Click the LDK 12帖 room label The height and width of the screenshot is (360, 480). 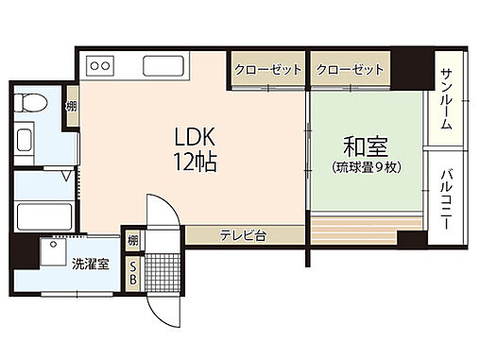coord(197,148)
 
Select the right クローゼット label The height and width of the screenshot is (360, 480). coord(351,70)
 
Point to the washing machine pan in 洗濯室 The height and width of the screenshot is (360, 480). coord(56,252)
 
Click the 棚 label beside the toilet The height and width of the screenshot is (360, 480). coord(70,107)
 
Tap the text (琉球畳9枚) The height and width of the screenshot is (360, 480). coord(369,167)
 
